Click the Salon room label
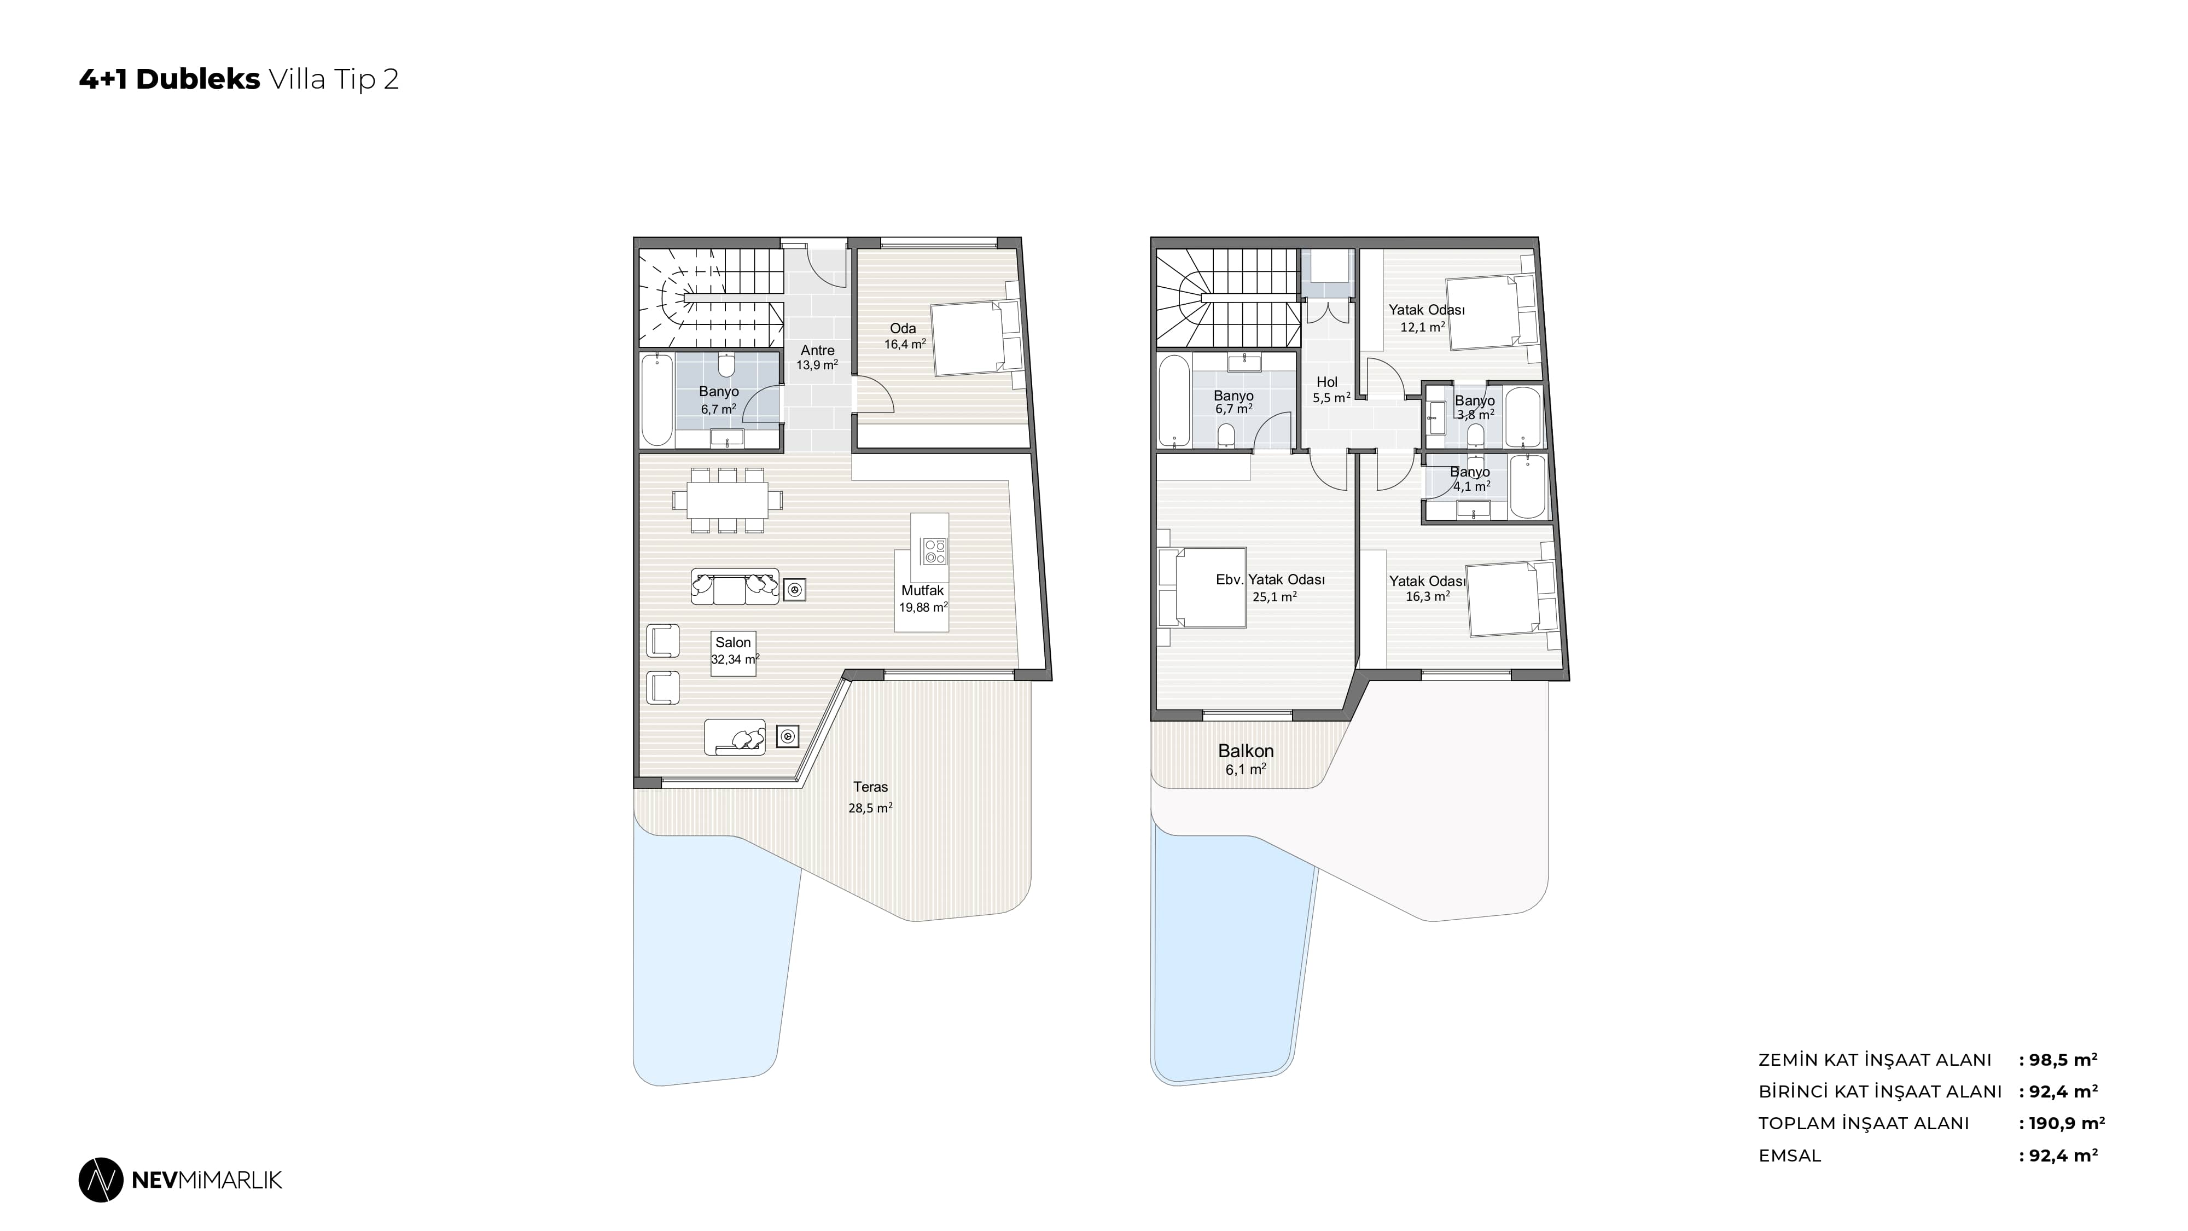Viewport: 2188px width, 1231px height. (733, 643)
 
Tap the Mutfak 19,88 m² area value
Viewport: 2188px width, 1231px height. (923, 607)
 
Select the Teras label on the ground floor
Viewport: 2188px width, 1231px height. (871, 787)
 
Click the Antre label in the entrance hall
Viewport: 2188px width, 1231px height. (817, 350)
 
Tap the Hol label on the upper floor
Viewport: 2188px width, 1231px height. (1326, 382)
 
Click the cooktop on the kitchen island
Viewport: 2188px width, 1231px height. (934, 552)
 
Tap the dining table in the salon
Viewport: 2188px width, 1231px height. (728, 501)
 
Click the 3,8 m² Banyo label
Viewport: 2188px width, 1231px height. (1475, 408)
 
